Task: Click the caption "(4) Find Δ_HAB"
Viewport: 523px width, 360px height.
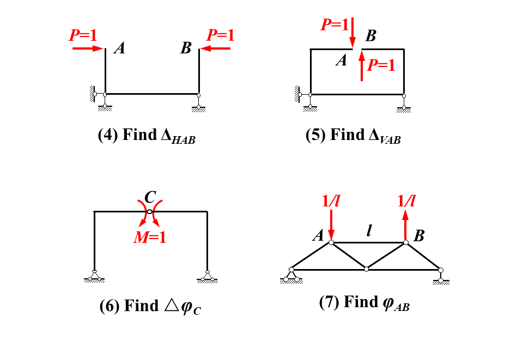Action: click(146, 136)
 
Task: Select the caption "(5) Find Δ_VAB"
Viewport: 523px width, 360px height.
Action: click(353, 136)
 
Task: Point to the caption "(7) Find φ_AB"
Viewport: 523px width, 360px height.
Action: click(364, 302)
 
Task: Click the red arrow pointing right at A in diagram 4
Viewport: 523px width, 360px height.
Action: click(88, 48)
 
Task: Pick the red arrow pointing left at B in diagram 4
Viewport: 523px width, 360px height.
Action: click(215, 48)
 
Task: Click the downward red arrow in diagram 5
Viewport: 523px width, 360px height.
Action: click(352, 33)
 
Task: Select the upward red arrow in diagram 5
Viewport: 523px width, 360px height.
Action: click(362, 65)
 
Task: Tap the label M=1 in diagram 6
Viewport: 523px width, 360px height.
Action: click(150, 237)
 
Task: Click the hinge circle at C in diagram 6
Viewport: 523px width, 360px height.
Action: click(150, 211)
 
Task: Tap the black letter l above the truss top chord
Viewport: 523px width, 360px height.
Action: click(369, 231)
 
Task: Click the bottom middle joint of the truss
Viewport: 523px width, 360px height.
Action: click(367, 269)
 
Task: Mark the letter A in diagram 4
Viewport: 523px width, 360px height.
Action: click(120, 48)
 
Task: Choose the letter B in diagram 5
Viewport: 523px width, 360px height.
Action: click(370, 36)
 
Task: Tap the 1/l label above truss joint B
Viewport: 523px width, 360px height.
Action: click(406, 202)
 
